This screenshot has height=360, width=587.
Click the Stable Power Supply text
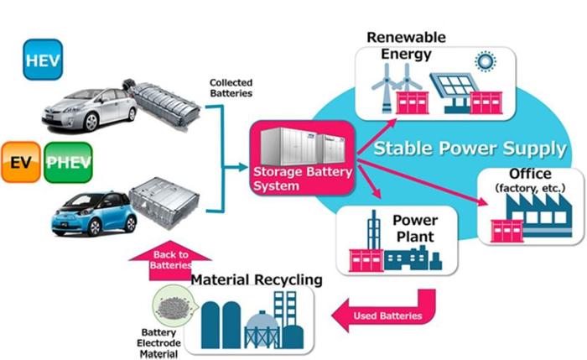point(469,149)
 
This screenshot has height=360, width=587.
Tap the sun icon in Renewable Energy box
point(485,61)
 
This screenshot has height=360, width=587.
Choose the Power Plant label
point(414,227)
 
